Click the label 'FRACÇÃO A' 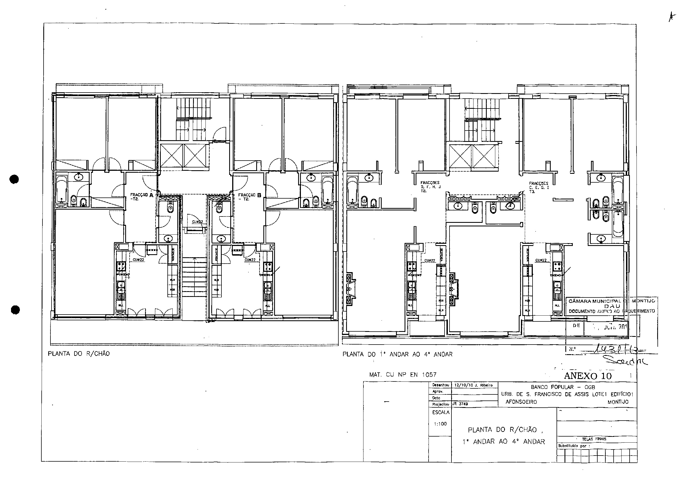(141, 196)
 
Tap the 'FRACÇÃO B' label (249, 197)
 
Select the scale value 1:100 (440, 424)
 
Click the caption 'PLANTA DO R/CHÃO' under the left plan (79, 354)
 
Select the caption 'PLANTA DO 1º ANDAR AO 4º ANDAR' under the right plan (397, 354)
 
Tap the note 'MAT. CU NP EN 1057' (403, 375)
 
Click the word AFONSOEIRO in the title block (521, 402)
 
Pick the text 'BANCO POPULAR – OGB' (563, 387)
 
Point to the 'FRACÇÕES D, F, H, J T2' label (430, 187)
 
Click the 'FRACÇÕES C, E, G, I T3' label (539, 188)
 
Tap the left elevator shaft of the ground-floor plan (172, 156)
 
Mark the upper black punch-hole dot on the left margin (14, 179)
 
